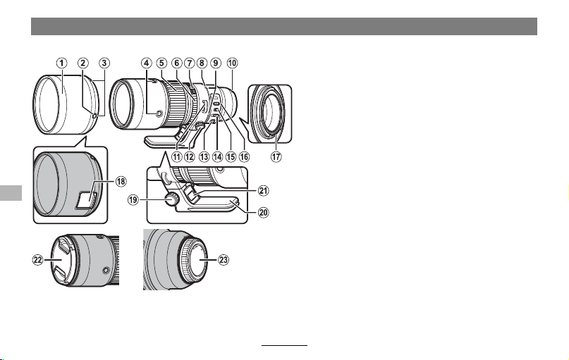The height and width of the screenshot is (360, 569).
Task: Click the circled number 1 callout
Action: [x=61, y=63]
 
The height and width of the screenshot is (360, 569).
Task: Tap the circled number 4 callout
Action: [x=146, y=63]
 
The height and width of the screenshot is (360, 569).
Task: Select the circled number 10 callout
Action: [x=232, y=63]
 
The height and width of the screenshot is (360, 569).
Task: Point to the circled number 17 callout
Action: [x=276, y=156]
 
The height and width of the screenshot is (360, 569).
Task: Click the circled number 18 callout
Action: [x=121, y=181]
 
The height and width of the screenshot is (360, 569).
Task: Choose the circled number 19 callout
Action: [x=133, y=199]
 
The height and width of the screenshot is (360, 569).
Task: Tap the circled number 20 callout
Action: [x=264, y=212]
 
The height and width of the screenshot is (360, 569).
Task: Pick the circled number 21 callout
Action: [x=264, y=190]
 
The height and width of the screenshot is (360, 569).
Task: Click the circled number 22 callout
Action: [x=38, y=260]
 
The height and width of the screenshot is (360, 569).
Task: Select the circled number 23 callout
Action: [x=224, y=260]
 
